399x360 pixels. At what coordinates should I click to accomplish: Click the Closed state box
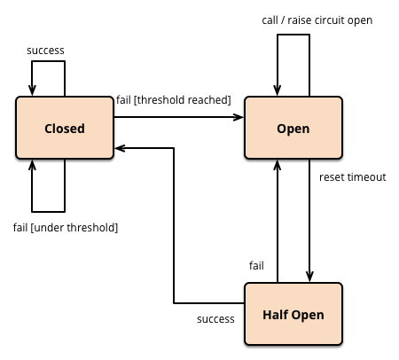point(65,128)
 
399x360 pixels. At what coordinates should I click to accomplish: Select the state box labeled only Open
point(293,128)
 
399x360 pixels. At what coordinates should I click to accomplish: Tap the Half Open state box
point(293,314)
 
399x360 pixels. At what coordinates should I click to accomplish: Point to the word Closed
point(65,129)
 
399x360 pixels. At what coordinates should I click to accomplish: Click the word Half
point(276,315)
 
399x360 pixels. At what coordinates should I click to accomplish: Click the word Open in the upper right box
point(293,129)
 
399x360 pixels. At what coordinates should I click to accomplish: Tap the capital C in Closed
point(49,129)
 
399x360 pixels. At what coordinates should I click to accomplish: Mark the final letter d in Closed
point(81,129)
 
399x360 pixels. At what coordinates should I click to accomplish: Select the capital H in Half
point(267,315)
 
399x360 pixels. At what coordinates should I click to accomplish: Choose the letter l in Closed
point(55,129)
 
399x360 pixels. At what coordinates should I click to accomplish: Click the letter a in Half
point(276,316)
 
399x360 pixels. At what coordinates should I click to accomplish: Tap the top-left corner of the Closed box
point(18,98)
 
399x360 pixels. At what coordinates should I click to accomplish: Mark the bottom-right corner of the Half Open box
point(340,342)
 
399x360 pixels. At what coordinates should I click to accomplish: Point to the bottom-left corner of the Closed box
point(18,157)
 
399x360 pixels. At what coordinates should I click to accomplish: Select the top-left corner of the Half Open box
point(246,285)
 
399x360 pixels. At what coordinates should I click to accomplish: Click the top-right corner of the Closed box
point(112,98)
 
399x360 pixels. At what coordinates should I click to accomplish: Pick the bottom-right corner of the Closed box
point(112,157)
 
